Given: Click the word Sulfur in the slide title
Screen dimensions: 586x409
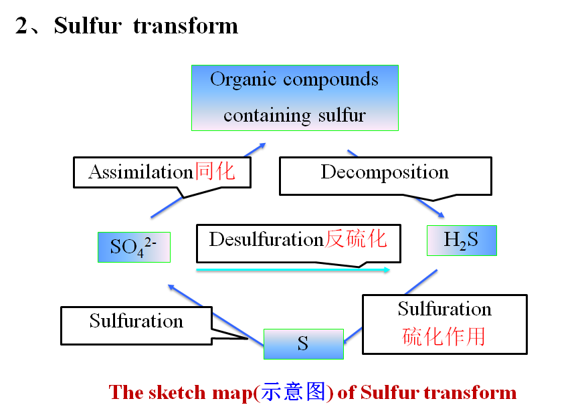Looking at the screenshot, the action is [88, 26].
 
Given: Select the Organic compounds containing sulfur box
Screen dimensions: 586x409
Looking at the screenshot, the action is [294, 98].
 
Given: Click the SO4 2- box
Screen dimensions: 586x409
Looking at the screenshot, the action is [134, 247].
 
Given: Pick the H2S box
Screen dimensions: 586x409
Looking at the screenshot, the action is [462, 241].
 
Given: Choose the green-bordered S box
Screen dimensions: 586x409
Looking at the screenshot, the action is [303, 344].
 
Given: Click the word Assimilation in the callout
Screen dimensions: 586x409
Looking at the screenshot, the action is [140, 172].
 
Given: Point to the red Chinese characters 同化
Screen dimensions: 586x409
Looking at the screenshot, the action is [215, 171].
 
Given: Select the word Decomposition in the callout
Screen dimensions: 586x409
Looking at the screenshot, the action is [385, 172].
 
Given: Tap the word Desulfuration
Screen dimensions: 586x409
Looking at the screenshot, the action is [266, 239].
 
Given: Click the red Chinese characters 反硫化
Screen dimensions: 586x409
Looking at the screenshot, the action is [356, 239].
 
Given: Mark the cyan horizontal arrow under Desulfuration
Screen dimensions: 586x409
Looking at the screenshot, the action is [293, 270].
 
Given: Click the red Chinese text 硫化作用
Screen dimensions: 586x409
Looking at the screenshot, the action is [444, 336].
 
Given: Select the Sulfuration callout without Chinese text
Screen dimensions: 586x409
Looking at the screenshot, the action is [136, 321].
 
